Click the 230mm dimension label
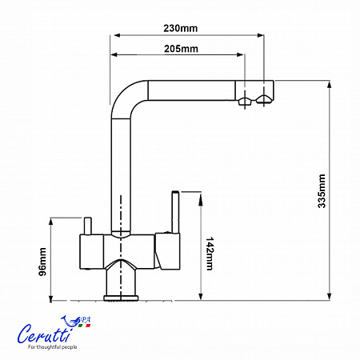[181, 28]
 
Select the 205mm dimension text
[181, 49]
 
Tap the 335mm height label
[322, 191]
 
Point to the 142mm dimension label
[210, 254]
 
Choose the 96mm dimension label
[42, 262]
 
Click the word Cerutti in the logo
[45, 334]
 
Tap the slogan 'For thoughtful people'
[52, 347]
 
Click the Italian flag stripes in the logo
[84, 326]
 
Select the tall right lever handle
[175, 212]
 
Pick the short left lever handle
[88, 226]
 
